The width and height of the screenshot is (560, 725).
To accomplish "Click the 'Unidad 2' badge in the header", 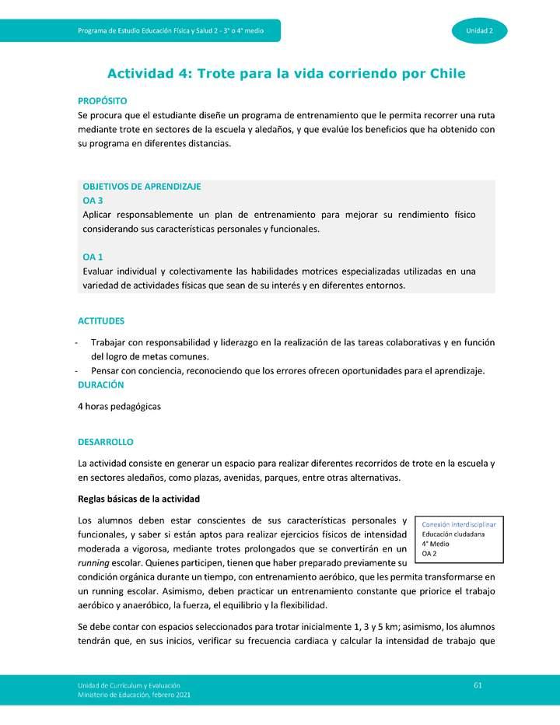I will (x=481, y=30).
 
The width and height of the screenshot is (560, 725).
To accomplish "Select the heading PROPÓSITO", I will (x=102, y=101).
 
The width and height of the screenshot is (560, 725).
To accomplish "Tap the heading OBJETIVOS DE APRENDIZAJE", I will (x=142, y=187).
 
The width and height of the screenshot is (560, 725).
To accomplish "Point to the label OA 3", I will (x=93, y=200).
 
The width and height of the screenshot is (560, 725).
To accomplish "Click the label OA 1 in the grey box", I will (x=93, y=257).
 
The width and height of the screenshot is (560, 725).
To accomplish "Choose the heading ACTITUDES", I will (x=101, y=320).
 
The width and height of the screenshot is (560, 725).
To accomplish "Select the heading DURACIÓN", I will (x=100, y=384).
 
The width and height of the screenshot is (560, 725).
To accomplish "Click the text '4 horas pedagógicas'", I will (x=119, y=407).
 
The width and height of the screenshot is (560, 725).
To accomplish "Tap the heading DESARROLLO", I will (x=106, y=442).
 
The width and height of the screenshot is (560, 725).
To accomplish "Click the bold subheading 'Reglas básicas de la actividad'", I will (x=139, y=499).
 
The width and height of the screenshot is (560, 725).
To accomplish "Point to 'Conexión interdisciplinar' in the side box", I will (x=458, y=524).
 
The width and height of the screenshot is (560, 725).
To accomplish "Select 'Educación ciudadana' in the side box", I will (x=453, y=534).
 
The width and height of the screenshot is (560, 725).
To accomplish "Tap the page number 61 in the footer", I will (x=478, y=684).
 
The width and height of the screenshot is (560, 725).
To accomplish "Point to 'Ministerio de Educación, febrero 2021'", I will (x=133, y=694).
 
